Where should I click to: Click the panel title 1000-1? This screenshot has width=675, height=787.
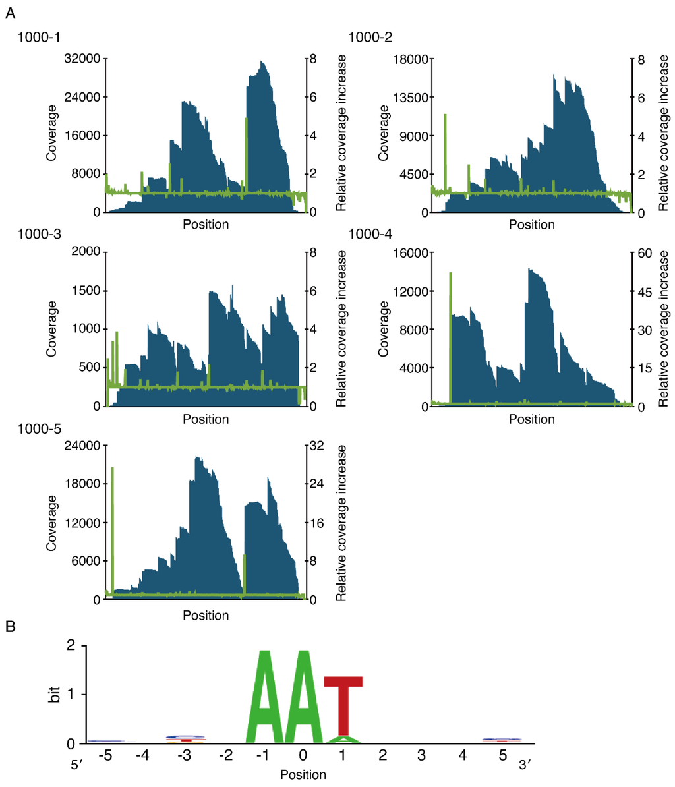pyautogui.click(x=37, y=38)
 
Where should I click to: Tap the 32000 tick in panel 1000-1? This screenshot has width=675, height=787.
pyautogui.click(x=82, y=59)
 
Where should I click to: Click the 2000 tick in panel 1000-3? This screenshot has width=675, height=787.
pyautogui.click(x=86, y=252)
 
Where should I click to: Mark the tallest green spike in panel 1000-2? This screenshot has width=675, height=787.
pyautogui.click(x=446, y=152)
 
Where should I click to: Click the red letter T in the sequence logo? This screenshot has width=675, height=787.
pyautogui.click(x=343, y=705)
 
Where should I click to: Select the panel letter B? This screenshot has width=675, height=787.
pyautogui.click(x=11, y=627)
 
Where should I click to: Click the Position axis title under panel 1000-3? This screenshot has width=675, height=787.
pyautogui.click(x=206, y=419)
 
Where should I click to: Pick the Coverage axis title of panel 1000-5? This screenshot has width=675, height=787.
pyautogui.click(x=52, y=522)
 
